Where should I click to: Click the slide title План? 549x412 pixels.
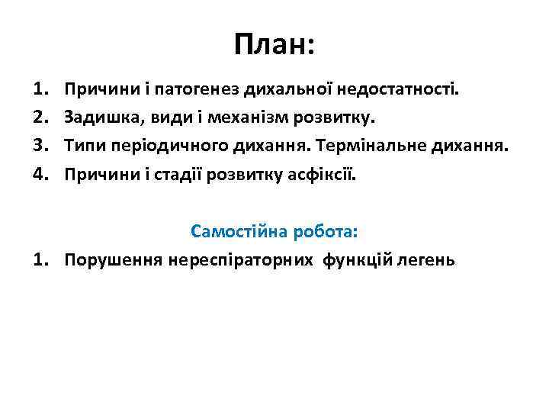274,45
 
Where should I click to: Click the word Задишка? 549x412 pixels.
96,119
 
